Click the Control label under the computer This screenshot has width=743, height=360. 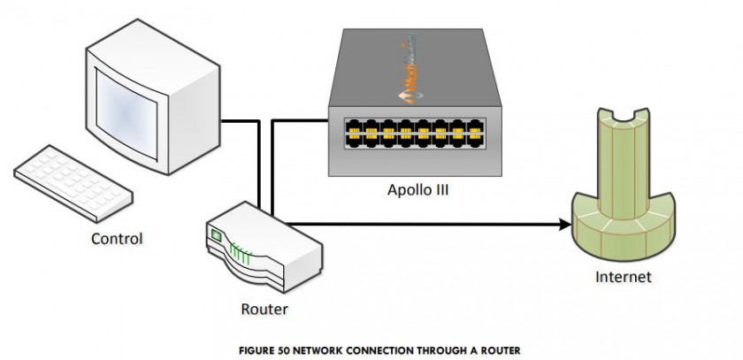coord(116,239)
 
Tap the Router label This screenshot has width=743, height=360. coord(264,310)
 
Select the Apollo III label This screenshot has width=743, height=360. coord(418,188)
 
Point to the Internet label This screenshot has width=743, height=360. coord(623,277)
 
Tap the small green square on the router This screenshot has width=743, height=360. coord(215,235)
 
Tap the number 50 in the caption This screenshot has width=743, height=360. coord(282,349)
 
